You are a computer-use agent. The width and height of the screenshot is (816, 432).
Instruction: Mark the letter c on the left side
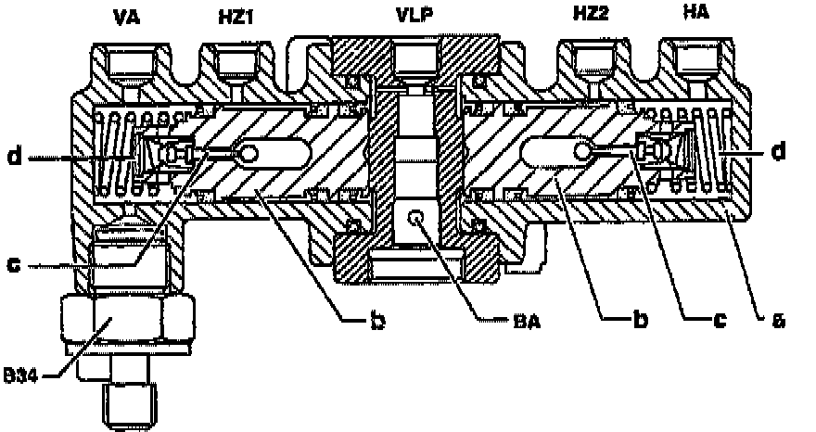coord(14,266)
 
